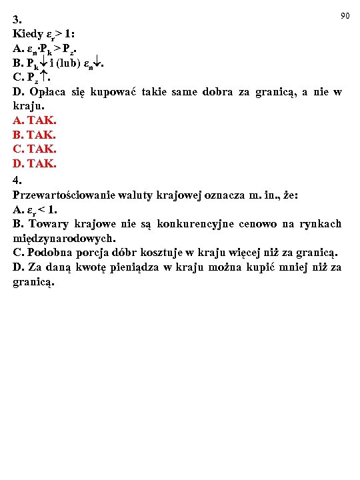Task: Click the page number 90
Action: coord(345,15)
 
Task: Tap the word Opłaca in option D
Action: coord(47,92)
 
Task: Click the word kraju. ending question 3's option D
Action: coord(28,106)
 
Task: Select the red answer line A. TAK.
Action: coord(35,121)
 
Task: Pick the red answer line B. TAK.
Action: coord(35,135)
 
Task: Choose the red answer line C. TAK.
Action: coord(35,149)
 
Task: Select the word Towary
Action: coord(47,224)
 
